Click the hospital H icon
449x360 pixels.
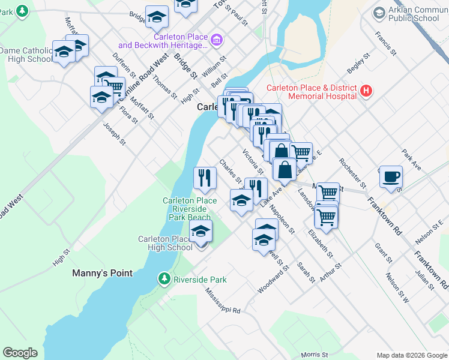[367, 92]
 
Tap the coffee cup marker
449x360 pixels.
[391, 177]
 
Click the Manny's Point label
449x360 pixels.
[102, 273]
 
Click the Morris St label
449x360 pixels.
[315, 355]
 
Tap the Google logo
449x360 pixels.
[20, 353]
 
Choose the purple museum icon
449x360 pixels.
[217, 41]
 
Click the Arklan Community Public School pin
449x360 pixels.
[379, 13]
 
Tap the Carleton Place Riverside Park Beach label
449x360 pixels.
[188, 209]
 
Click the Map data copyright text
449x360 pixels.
[411, 355]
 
